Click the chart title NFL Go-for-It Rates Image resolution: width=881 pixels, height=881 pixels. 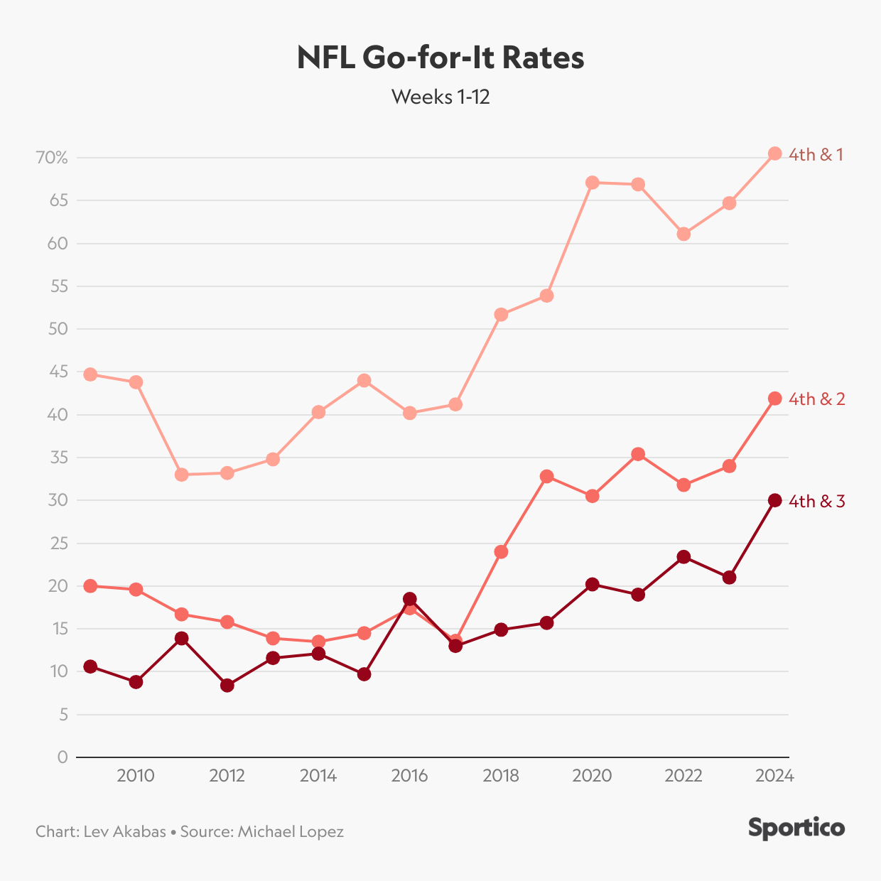[440, 58]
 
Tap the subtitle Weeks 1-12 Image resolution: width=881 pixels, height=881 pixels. [440, 97]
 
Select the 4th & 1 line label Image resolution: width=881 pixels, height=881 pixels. [816, 155]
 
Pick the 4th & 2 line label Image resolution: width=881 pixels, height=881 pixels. [817, 399]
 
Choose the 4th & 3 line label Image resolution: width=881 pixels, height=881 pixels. [817, 502]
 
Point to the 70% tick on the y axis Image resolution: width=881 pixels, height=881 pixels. [52, 158]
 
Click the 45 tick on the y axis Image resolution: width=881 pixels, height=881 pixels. [58, 372]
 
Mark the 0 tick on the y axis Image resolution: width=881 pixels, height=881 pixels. [63, 757]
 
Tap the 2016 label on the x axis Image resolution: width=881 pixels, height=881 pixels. [409, 776]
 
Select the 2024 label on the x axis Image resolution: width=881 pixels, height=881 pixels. [774, 776]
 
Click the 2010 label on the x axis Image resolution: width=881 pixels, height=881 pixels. [136, 776]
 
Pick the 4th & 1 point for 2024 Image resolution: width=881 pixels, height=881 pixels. [775, 153]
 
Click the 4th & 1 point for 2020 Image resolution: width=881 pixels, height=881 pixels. [593, 183]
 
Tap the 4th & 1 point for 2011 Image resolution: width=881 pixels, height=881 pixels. [181, 475]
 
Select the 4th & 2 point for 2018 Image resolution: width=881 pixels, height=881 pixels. [501, 552]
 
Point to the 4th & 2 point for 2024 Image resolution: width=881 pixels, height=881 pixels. [775, 399]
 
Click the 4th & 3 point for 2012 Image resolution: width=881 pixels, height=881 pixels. [227, 686]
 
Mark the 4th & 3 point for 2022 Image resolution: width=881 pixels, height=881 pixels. [683, 557]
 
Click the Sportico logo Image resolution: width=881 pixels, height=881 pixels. [796, 828]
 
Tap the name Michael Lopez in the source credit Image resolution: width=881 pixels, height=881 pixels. [291, 831]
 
